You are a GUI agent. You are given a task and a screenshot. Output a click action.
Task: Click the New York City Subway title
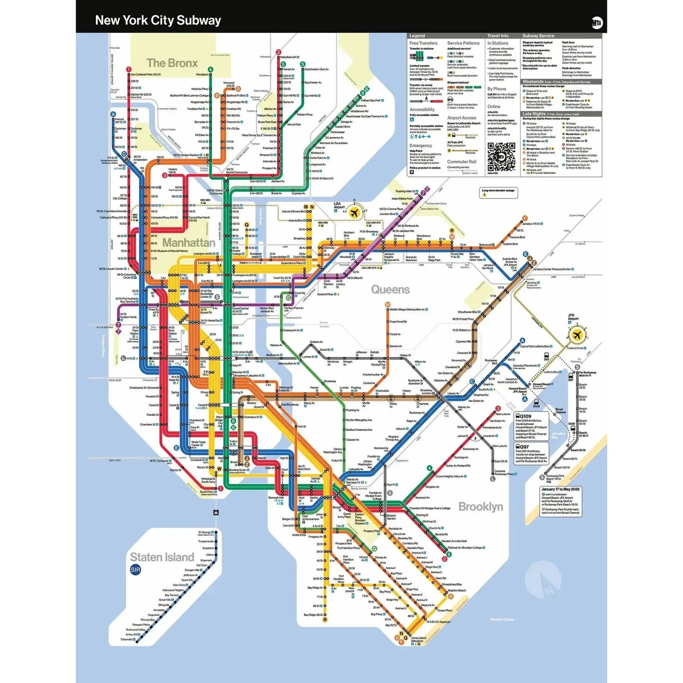(x=158, y=20)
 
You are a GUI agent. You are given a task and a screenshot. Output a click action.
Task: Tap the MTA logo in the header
(x=597, y=22)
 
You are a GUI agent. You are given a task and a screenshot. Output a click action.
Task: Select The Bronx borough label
(x=172, y=63)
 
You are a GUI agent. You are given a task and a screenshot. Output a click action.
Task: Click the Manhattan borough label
(x=189, y=242)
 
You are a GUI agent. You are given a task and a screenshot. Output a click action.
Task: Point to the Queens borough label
(x=390, y=289)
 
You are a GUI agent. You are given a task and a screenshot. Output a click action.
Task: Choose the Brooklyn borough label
(x=481, y=507)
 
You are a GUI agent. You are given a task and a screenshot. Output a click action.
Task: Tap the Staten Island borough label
(x=162, y=557)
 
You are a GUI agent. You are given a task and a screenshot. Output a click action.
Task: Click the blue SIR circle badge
(x=135, y=570)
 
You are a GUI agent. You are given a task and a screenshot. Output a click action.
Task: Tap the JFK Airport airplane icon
(x=576, y=335)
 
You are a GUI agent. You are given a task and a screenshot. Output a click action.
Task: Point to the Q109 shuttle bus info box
(x=531, y=426)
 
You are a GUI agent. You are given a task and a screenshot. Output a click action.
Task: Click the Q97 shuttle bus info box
(x=531, y=454)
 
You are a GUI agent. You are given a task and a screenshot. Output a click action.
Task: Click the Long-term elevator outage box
(x=499, y=192)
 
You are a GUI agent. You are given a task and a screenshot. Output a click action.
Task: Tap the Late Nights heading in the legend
(x=533, y=114)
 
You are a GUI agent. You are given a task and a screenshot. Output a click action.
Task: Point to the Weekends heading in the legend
(x=533, y=82)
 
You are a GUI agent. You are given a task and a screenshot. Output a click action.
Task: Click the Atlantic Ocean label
(x=501, y=619)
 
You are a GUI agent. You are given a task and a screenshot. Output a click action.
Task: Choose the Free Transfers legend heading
(x=423, y=43)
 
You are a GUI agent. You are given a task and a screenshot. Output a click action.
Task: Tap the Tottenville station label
(x=127, y=640)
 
